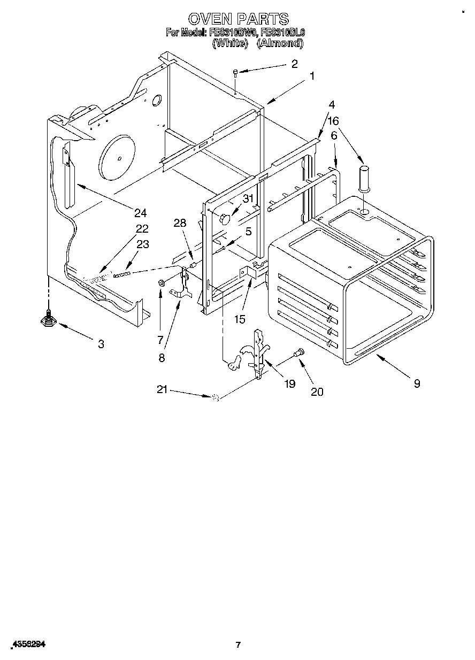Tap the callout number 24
pyautogui.click(x=140, y=213)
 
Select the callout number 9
pyautogui.click(x=417, y=383)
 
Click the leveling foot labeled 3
pyautogui.click(x=49, y=319)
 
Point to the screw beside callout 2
pyautogui.click(x=235, y=73)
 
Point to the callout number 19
pyautogui.click(x=289, y=383)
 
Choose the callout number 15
pyautogui.click(x=239, y=319)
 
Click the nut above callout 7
pyautogui.click(x=160, y=282)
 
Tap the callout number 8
pyautogui.click(x=162, y=358)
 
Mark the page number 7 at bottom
pyautogui.click(x=238, y=645)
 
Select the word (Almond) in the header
pyautogui.click(x=280, y=43)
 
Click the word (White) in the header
pyautogui.click(x=230, y=43)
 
